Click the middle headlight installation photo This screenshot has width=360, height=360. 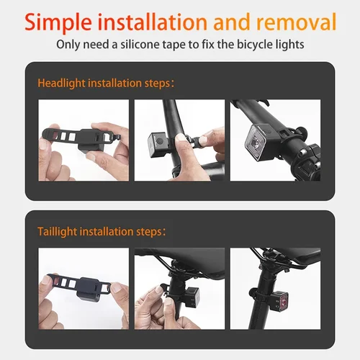point(180,140)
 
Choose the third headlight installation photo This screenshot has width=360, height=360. point(276,140)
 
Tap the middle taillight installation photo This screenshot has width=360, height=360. point(180,288)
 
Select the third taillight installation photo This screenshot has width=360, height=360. point(276,288)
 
